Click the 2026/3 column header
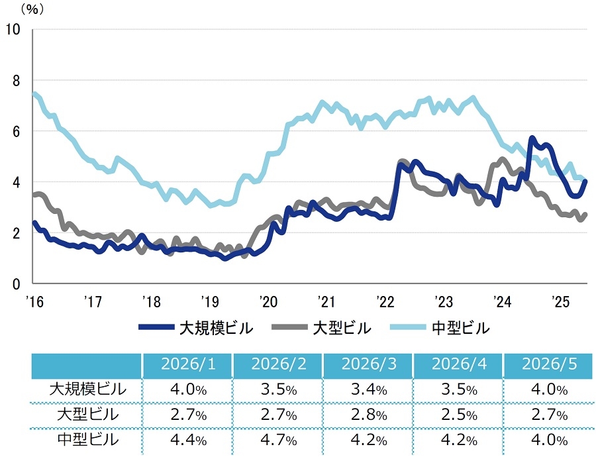point(369,364)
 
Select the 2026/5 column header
point(549,364)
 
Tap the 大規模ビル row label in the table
point(88,389)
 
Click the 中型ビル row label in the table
point(88,440)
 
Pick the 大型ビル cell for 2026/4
point(459,415)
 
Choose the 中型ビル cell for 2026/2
point(279,440)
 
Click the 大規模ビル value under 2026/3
point(369,389)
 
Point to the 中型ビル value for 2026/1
point(189,440)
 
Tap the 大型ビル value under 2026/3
point(369,415)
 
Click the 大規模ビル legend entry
point(196,328)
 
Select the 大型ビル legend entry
point(322,328)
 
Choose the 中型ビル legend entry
point(440,328)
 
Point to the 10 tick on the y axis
point(13,29)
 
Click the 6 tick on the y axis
point(16,131)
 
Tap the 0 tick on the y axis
point(16,283)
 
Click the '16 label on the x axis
point(34,301)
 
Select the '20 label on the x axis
point(269,301)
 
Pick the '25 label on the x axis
point(561,301)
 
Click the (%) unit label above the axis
point(32,9)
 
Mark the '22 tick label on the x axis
point(386,301)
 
